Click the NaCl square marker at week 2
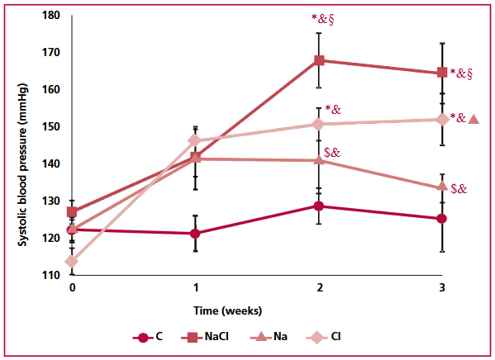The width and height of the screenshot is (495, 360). (319, 60)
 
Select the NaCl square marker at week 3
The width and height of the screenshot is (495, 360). (442, 73)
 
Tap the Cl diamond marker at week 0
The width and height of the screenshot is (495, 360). (72, 261)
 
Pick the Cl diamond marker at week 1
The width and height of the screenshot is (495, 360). (195, 140)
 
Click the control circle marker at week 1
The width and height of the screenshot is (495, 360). (195, 234)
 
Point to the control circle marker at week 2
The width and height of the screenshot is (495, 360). (319, 206)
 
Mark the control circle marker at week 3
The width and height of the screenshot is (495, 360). (442, 218)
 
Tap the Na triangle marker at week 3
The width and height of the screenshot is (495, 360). (442, 186)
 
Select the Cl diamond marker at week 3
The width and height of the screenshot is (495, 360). (442, 120)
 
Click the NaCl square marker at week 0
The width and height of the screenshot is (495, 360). (72, 211)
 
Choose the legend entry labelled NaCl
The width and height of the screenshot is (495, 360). (205, 337)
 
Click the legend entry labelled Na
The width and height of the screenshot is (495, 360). (269, 337)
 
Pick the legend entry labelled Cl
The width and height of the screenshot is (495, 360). (324, 337)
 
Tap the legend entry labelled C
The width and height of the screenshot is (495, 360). (148, 337)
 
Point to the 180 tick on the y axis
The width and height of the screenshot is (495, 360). (51, 15)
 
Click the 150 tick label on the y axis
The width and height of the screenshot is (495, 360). (51, 126)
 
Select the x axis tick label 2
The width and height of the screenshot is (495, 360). (320, 287)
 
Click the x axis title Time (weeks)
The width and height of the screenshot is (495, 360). (227, 311)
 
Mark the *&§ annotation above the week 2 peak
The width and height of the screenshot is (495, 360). (322, 19)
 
